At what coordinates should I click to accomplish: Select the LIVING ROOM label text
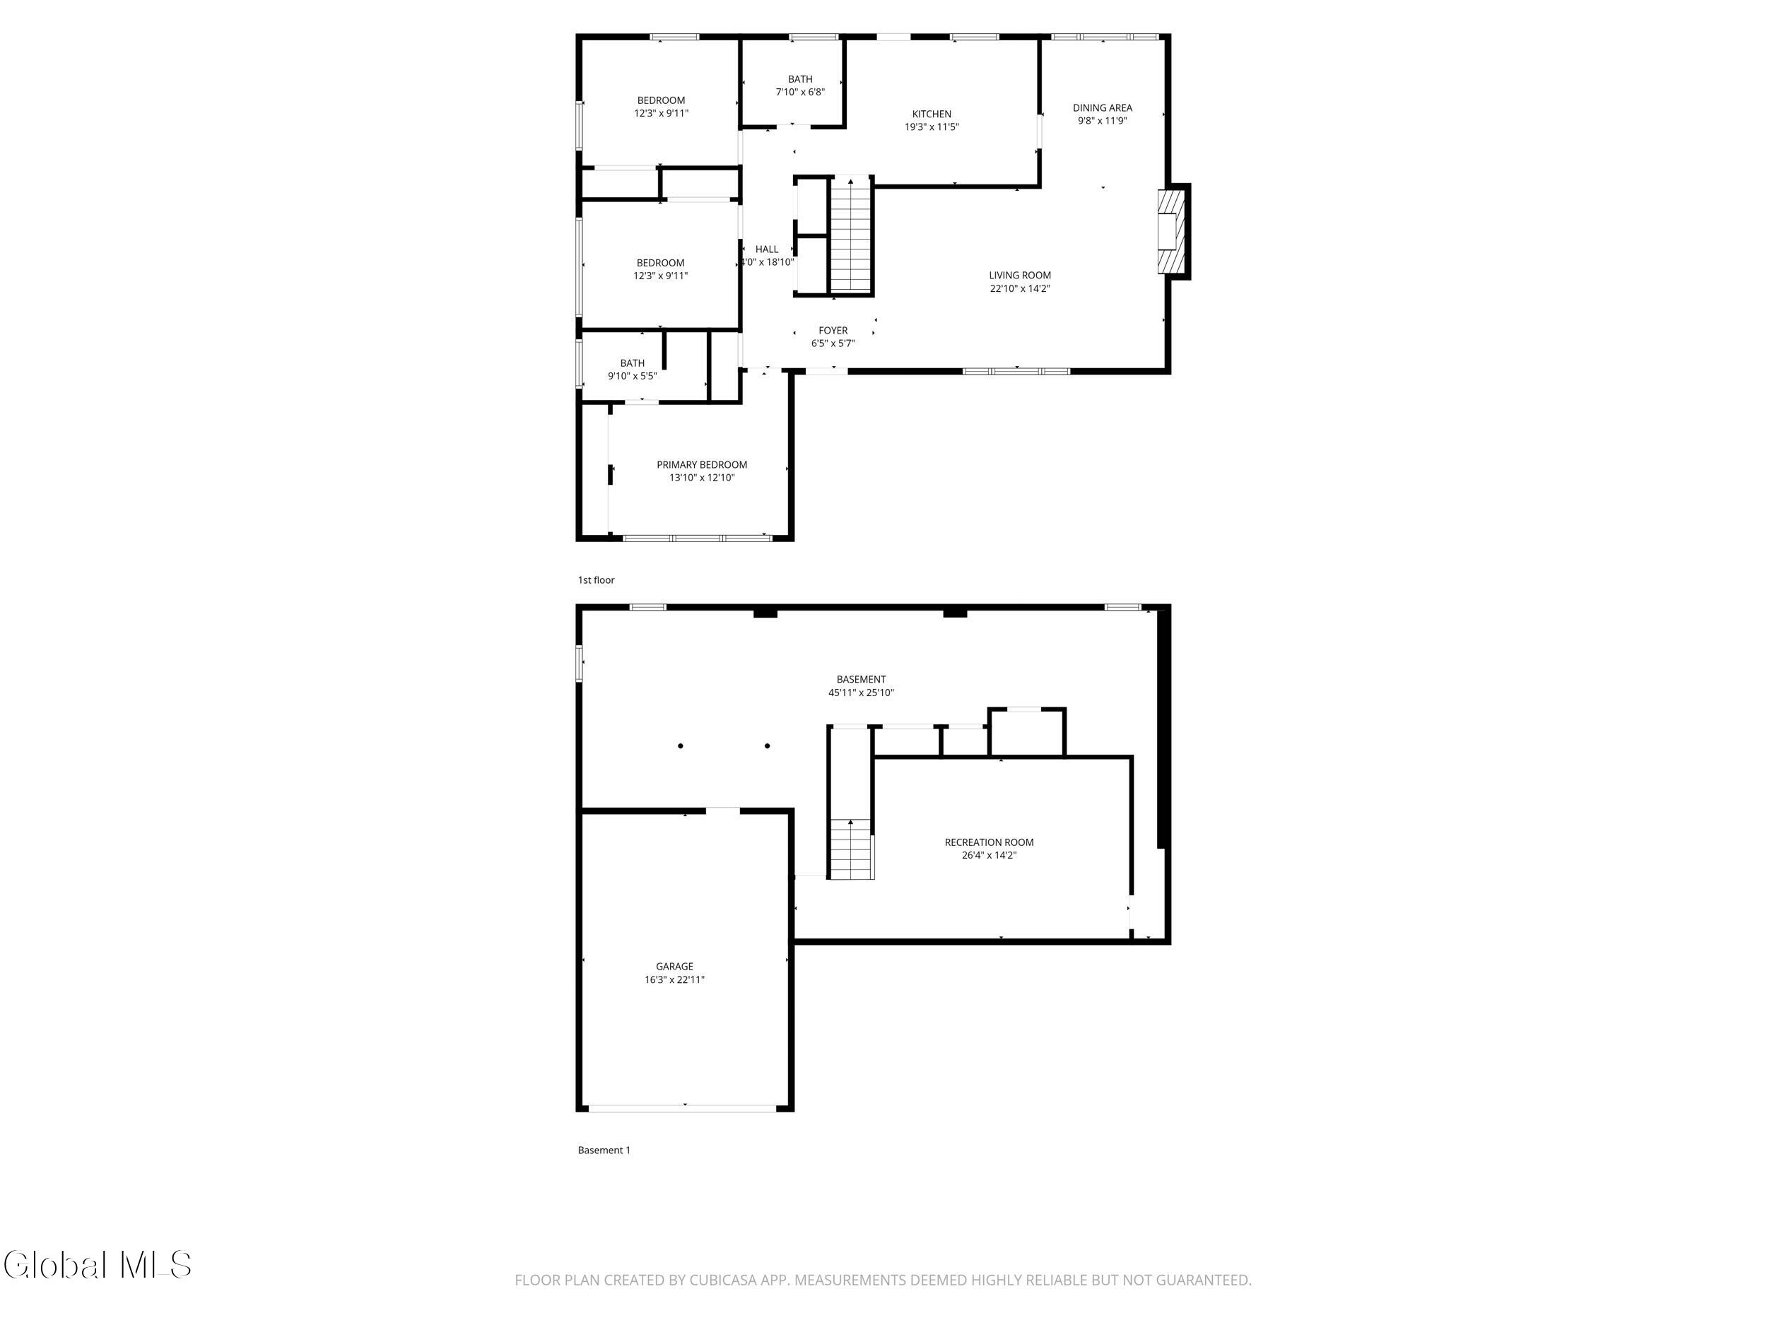coord(1020,276)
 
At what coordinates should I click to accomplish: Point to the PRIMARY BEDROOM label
coord(702,465)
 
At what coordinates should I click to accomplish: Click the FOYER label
coord(833,331)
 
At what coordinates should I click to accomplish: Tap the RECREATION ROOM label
coord(989,842)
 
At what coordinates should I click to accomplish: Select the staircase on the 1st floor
coord(851,235)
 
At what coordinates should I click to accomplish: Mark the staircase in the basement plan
coord(851,849)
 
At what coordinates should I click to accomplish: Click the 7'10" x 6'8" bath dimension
coord(800,92)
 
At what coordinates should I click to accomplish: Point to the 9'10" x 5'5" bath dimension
coord(633,376)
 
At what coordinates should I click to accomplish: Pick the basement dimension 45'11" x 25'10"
coord(861,693)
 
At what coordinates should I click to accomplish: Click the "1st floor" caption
coord(597,581)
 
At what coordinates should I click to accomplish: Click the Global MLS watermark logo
coord(98,1265)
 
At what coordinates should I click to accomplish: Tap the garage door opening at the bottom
coord(683,1109)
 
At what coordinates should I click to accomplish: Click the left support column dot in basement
coord(681,746)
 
